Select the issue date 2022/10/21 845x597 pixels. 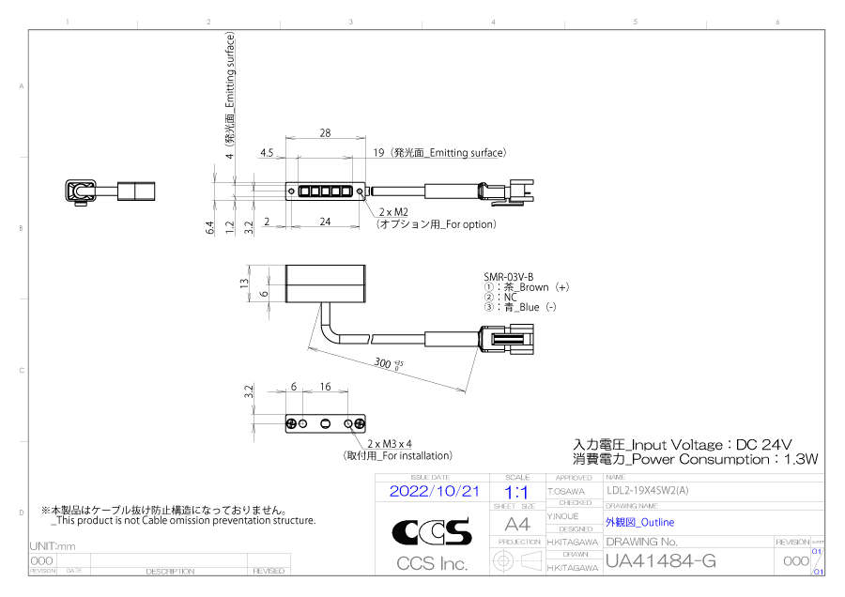pyautogui.click(x=434, y=491)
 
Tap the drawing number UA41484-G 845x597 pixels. pyautogui.click(x=661, y=561)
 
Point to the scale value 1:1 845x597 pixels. pyautogui.click(x=516, y=491)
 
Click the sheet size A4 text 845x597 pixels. pyautogui.click(x=517, y=524)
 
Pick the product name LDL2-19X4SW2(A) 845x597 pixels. pyautogui.click(x=648, y=490)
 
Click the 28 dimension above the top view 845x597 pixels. pyautogui.click(x=325, y=133)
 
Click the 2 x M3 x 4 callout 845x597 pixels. pyautogui.click(x=390, y=443)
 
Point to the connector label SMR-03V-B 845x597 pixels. pyautogui.click(x=508, y=276)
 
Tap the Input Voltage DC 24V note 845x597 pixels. pyautogui.click(x=683, y=444)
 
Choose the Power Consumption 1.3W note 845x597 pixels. pyautogui.click(x=696, y=459)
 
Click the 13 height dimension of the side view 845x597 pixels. pyautogui.click(x=244, y=283)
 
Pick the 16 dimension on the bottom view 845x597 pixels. pyautogui.click(x=325, y=387)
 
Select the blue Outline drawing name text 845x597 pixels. pyautogui.click(x=639, y=522)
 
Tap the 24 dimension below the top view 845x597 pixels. pyautogui.click(x=325, y=222)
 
